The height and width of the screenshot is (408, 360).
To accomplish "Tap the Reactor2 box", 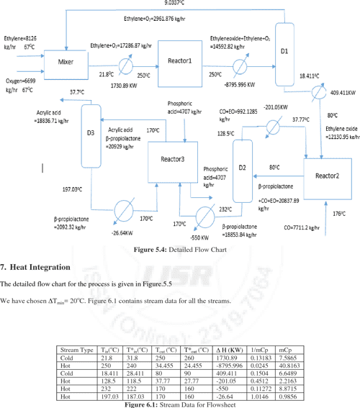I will [x=331, y=176].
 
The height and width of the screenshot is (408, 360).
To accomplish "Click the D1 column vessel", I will [x=284, y=50].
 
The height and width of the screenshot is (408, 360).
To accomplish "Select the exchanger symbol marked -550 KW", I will [x=204, y=214].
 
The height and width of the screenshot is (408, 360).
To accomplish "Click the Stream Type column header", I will [x=77, y=350].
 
